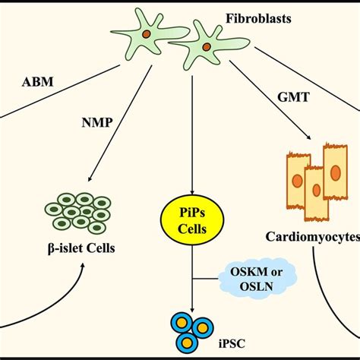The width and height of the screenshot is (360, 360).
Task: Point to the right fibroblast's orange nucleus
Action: point(206,47)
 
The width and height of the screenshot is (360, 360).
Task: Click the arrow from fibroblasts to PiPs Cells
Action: point(193,129)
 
